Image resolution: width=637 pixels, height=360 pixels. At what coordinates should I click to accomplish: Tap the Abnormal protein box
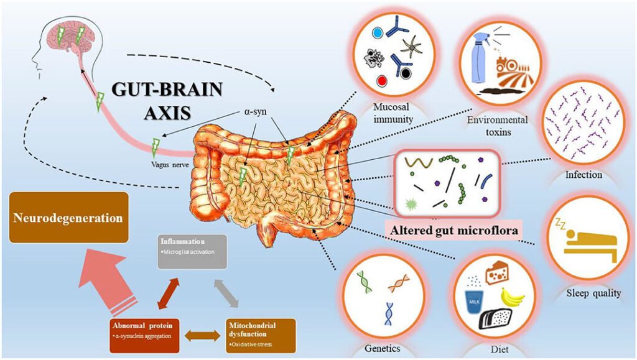(x=144, y=330)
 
